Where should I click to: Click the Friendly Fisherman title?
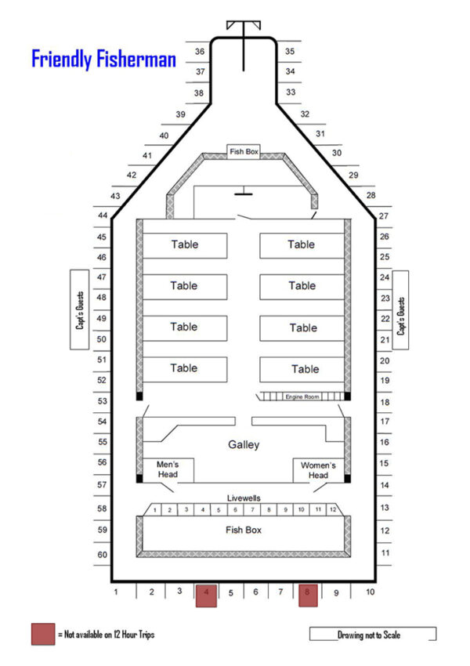(x=103, y=60)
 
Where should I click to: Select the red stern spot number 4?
(x=206, y=595)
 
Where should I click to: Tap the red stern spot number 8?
(x=308, y=595)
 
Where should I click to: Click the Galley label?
(x=244, y=445)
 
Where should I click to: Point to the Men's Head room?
(x=168, y=469)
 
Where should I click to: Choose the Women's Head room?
(x=318, y=469)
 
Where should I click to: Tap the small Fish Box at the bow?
(x=243, y=151)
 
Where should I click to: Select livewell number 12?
(x=333, y=510)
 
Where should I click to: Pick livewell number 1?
(x=155, y=510)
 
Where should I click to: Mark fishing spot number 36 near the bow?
(x=200, y=52)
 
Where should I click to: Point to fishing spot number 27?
(x=384, y=215)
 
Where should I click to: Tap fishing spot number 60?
(x=102, y=555)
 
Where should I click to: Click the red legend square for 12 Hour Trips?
(x=42, y=634)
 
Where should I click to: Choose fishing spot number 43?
(x=116, y=195)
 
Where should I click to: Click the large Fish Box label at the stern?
(x=244, y=530)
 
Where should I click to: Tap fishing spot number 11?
(x=385, y=553)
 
